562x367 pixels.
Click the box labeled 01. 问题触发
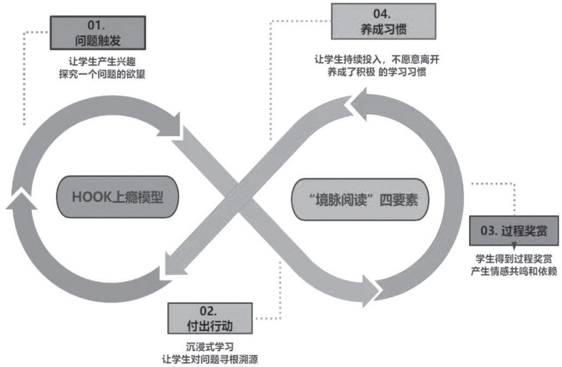pos(98,33)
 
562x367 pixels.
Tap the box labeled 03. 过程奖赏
pos(514,231)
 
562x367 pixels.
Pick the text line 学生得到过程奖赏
pos(514,257)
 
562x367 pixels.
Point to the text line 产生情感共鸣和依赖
pos(514,270)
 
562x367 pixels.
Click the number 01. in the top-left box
pos(98,25)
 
